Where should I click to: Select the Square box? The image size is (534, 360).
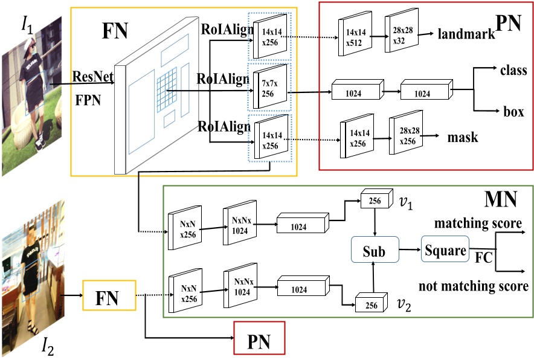445,249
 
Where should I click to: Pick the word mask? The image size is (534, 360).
463,138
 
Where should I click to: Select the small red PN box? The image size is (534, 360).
259,341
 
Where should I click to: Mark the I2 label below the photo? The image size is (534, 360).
48,346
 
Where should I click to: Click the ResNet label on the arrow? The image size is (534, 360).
90,77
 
